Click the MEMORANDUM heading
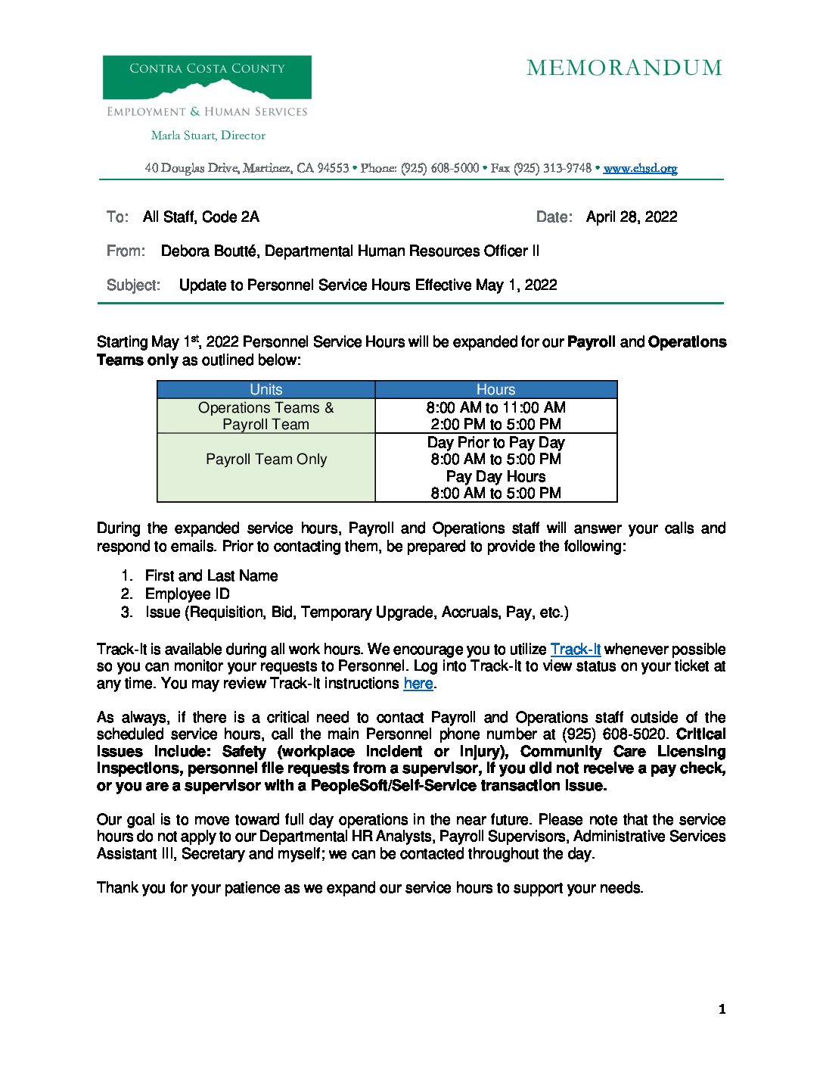(x=624, y=68)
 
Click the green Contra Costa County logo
(x=207, y=77)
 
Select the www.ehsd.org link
(x=640, y=168)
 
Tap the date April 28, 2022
(x=632, y=217)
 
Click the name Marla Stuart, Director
(x=208, y=136)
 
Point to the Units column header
(x=266, y=390)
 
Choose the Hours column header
(x=495, y=390)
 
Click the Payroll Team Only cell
(x=266, y=460)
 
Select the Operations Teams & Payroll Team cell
(x=266, y=416)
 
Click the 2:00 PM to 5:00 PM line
(x=495, y=425)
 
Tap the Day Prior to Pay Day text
(x=495, y=442)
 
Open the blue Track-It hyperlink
(x=575, y=650)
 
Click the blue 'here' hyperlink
(x=418, y=684)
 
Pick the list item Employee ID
(x=187, y=594)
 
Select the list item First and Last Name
(x=211, y=576)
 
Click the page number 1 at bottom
(x=722, y=1009)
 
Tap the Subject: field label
(x=133, y=285)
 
